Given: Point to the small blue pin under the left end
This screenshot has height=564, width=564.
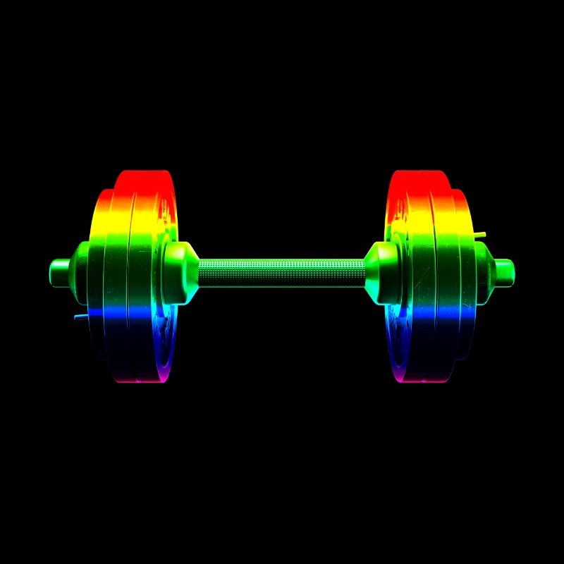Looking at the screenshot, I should [x=81, y=317].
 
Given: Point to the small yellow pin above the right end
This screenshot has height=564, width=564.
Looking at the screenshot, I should [x=479, y=234].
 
